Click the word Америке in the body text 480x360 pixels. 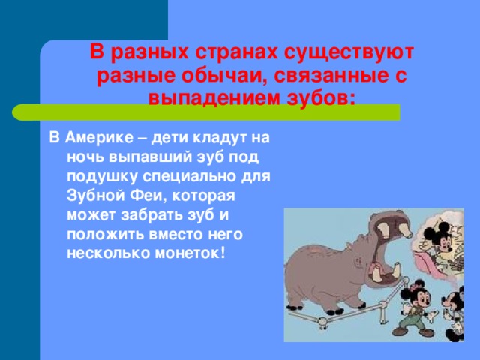coord(100,138)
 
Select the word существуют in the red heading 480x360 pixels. coord(349,52)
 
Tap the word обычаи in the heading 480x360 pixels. coord(218,76)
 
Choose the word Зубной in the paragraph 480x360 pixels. coord(94,196)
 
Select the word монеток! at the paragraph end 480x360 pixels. coord(190,253)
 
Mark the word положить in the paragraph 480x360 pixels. coord(105,235)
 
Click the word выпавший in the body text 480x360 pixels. coord(150,157)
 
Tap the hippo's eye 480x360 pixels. coord(358,260)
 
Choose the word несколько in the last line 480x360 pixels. coord(108,253)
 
